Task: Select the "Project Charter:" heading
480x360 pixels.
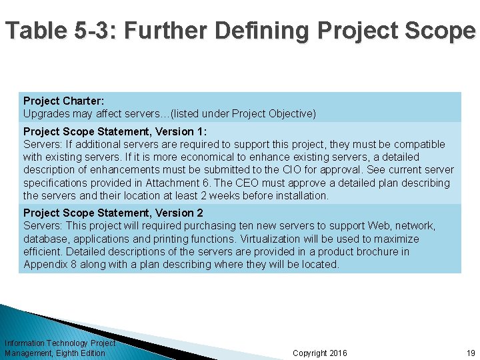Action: tap(63, 101)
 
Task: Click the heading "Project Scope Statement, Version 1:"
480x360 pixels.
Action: tap(115, 131)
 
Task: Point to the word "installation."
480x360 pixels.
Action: tap(296, 195)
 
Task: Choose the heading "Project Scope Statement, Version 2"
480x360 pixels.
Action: tap(113, 213)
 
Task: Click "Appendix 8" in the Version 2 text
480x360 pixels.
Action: tap(49, 264)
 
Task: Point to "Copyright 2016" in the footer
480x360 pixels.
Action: tap(320, 353)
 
